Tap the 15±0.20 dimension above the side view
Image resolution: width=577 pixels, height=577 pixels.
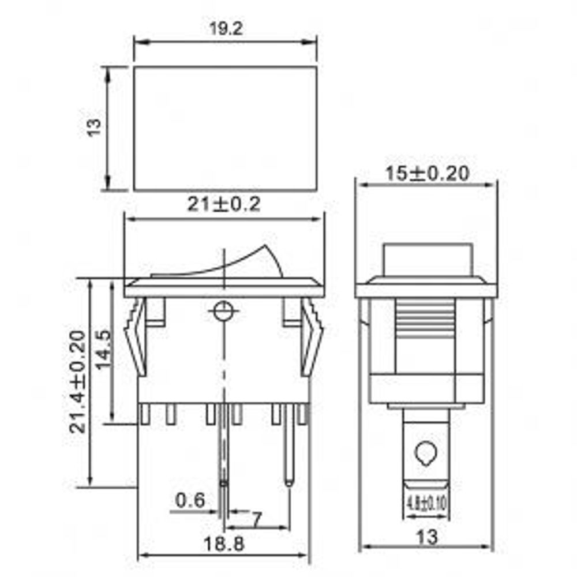click(x=426, y=173)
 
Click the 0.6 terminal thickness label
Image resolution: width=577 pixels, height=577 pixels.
click(x=190, y=500)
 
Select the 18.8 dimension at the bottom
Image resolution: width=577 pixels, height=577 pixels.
click(x=224, y=544)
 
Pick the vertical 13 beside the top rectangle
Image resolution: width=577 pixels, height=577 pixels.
click(x=94, y=128)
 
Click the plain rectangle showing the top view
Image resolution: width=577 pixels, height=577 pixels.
click(x=225, y=128)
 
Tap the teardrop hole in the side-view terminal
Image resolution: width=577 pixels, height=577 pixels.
click(x=426, y=454)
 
